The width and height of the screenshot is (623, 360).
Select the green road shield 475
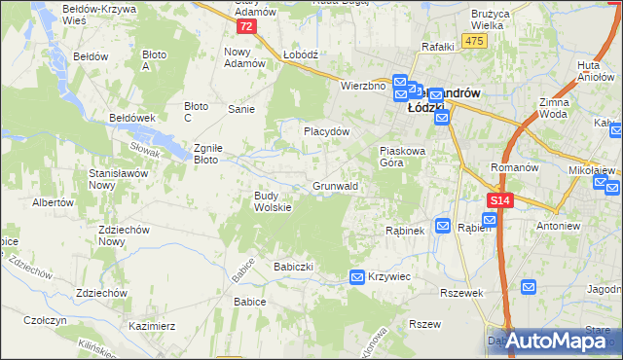click(475, 40)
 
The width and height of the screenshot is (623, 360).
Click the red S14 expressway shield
click(498, 200)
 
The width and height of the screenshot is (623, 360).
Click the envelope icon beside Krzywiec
click(357, 277)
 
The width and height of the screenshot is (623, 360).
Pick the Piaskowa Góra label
click(403, 157)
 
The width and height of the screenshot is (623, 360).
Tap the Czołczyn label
click(45, 320)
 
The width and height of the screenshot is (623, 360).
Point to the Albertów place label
click(53, 203)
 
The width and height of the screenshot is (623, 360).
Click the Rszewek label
click(461, 293)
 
